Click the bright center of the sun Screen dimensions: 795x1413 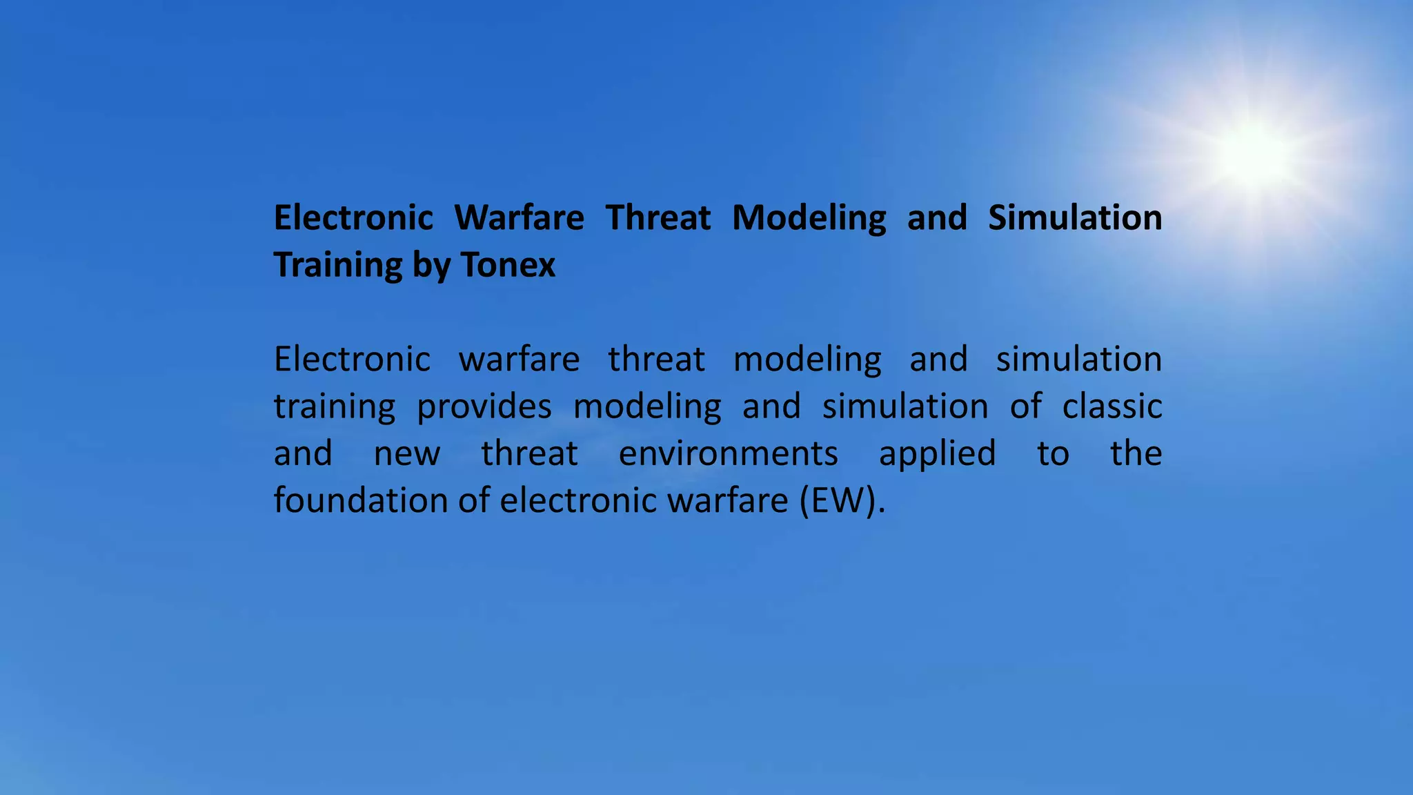(x=1253, y=153)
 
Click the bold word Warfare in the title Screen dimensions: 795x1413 (x=519, y=218)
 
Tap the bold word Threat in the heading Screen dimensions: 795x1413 (x=658, y=218)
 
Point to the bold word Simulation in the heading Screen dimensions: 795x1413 (x=1074, y=218)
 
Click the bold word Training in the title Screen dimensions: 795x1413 (x=337, y=266)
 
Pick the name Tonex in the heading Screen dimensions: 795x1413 (x=508, y=265)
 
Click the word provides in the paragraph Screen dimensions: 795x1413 (x=484, y=407)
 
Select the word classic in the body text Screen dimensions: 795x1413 (x=1111, y=406)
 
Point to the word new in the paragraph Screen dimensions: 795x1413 (x=406, y=454)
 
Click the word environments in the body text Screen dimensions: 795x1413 (x=728, y=454)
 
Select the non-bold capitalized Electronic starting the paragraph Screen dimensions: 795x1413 (x=352, y=360)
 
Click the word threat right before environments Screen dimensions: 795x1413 (x=529, y=454)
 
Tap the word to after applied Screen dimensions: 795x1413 (x=1053, y=454)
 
